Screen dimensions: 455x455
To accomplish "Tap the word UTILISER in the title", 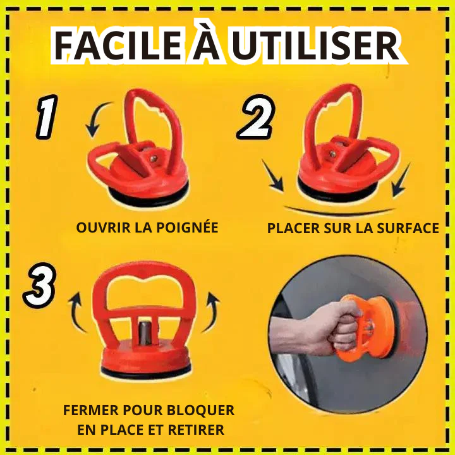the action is [316, 45].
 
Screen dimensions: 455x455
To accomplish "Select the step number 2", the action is [256, 118].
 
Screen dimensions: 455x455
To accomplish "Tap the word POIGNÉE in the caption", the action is [187, 227].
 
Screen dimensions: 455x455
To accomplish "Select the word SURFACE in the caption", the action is [408, 228].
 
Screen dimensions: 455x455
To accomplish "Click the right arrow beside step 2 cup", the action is [401, 180].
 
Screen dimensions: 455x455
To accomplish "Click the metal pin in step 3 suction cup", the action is [143, 332].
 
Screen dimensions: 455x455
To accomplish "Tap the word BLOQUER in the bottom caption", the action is [201, 410].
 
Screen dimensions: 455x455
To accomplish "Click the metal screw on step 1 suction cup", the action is [153, 159].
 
